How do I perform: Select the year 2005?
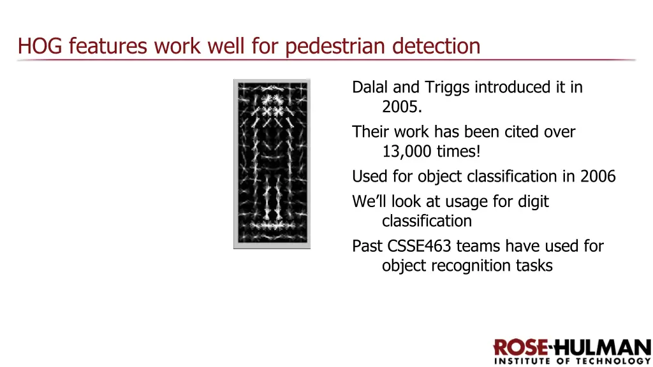[401, 107]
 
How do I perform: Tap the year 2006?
[598, 176]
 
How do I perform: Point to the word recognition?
[471, 266]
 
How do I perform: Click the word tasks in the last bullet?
[534, 266]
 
